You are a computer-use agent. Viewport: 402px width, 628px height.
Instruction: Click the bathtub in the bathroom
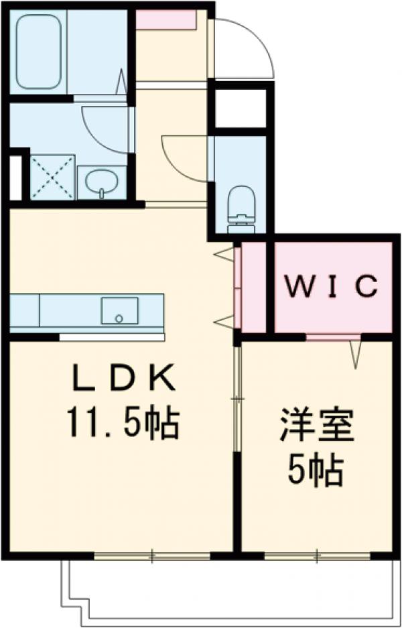tap(39, 52)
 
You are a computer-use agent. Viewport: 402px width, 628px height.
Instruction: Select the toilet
tap(241, 209)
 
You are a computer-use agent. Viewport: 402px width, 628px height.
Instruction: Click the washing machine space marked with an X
tap(53, 177)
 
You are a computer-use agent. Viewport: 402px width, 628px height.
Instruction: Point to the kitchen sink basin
tap(119, 310)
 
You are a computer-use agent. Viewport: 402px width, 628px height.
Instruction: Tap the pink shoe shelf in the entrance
tap(165, 19)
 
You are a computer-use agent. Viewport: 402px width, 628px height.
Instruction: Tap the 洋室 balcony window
tap(317, 556)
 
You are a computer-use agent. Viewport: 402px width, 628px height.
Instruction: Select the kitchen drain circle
tap(119, 318)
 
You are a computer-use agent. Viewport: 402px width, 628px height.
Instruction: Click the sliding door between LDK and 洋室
tap(238, 399)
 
